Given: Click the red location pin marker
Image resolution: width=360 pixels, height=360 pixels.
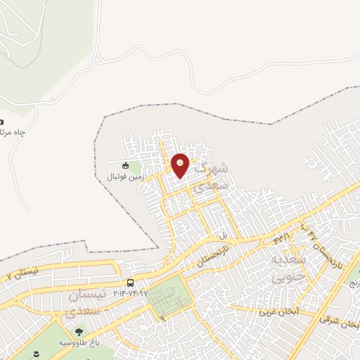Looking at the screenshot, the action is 180,165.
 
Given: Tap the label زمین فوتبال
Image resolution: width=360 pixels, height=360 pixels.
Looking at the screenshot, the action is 125,177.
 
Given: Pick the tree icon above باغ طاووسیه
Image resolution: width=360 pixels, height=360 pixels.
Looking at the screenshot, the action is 77,330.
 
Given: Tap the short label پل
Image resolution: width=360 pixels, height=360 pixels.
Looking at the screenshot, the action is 224,235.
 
